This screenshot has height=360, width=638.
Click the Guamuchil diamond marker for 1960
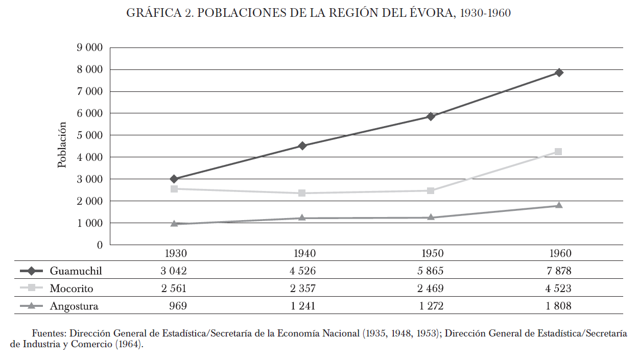pos(559,73)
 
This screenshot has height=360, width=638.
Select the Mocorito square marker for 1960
pos(558,152)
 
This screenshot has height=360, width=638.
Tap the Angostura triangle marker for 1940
pos(302,218)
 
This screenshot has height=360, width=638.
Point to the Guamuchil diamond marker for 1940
pos(302,146)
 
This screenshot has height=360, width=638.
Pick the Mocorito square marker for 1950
pos(431,190)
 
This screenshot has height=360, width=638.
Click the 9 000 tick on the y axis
pos(90,47)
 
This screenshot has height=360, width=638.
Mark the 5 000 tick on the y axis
pos(90,135)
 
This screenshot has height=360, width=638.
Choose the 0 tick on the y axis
pos(99,245)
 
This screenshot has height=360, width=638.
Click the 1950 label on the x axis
pos(432,254)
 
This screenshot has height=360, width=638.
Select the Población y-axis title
pos(62,145)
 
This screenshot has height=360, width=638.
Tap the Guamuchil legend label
pos(76,271)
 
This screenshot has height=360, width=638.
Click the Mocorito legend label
pos(72,289)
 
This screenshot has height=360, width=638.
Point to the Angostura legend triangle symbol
pos(31,306)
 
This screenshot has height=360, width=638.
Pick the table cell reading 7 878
pos(558,271)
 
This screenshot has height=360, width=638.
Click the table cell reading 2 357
pos(302,289)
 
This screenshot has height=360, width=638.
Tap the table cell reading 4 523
pos(558,289)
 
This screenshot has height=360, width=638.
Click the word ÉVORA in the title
pos(430,13)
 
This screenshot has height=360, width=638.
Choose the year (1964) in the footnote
pos(128,344)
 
